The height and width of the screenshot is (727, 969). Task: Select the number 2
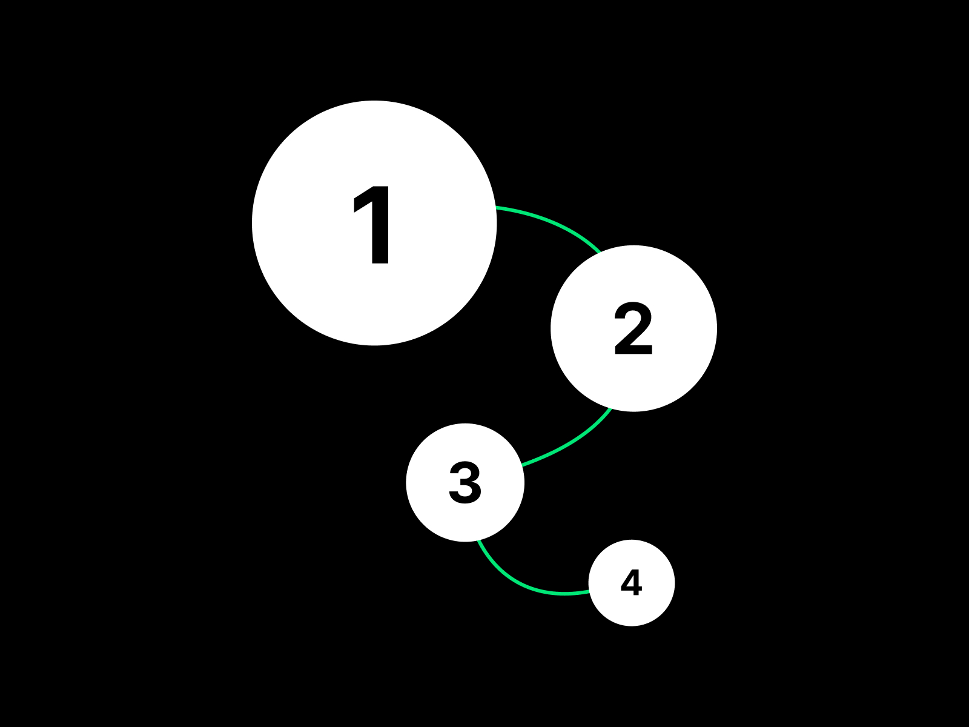pos(633,328)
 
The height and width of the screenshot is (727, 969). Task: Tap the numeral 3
pos(465,482)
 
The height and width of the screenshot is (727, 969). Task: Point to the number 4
pos(631,582)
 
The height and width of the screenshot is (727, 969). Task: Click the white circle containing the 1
pos(374,223)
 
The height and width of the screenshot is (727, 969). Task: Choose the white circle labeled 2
pos(633,328)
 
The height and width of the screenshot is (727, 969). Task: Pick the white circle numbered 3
pos(465,482)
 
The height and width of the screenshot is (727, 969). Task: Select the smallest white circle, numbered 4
pos(632,583)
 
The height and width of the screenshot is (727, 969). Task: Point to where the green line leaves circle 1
pos(497,207)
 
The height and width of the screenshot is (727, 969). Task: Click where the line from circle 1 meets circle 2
pos(600,253)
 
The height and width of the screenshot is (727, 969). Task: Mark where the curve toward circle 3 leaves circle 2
pos(612,409)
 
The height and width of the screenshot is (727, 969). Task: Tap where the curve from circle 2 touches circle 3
pos(522,465)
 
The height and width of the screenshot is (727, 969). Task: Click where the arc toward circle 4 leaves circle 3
pos(478,541)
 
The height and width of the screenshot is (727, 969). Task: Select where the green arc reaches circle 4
pos(589,592)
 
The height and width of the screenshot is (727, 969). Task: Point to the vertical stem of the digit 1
pos(380,225)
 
